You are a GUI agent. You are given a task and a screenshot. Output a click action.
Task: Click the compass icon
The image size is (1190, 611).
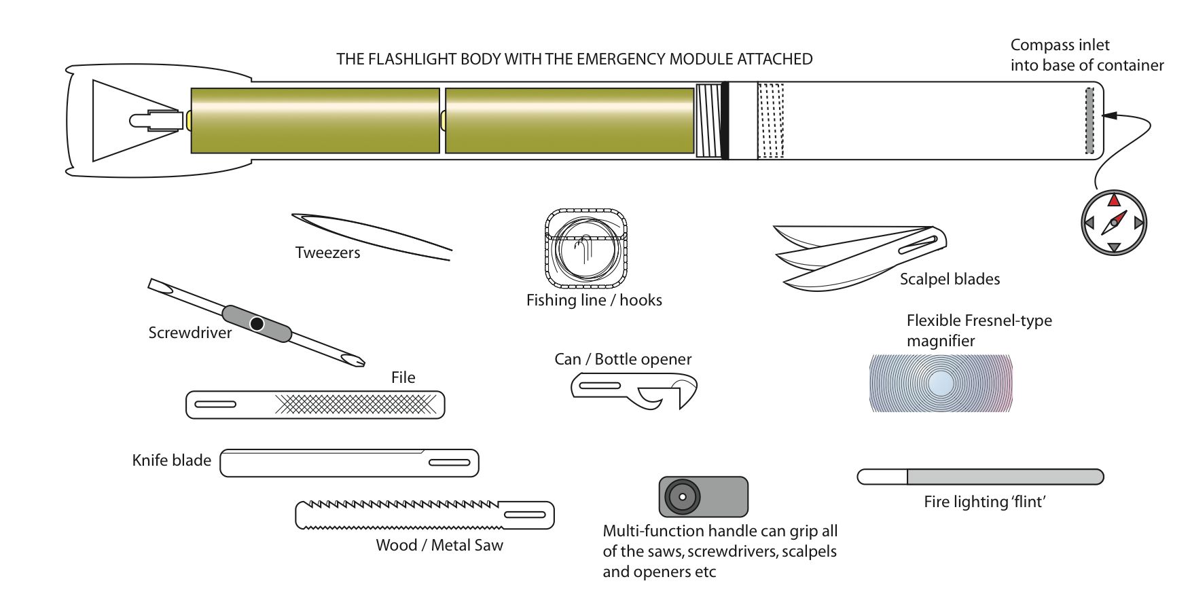[x=1113, y=223]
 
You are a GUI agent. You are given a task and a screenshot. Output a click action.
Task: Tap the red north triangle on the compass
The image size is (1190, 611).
[x=1114, y=200]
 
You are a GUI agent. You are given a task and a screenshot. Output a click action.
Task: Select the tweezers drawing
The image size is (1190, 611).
[x=372, y=236]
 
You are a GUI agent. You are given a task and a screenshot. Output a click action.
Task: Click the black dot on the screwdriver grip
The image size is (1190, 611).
[x=257, y=324]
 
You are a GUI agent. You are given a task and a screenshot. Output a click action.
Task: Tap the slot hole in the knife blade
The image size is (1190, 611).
[x=449, y=463]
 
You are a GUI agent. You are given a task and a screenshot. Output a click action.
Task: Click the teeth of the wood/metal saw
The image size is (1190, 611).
[x=401, y=506]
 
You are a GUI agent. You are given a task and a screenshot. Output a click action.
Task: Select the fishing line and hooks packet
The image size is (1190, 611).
[x=585, y=248]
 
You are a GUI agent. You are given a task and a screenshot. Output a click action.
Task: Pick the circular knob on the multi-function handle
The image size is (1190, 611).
[x=682, y=497]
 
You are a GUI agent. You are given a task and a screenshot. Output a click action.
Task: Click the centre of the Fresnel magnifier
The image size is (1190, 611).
[x=941, y=384]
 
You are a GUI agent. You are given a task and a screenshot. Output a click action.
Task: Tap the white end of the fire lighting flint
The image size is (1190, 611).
[x=882, y=477]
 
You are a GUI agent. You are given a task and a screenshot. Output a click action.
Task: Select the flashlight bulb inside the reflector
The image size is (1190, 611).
[x=153, y=121]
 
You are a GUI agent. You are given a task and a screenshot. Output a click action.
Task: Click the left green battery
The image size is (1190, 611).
[x=315, y=121]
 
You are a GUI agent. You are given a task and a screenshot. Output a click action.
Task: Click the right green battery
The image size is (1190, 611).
[x=569, y=121]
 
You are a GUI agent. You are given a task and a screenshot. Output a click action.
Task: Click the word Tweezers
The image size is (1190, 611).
[x=327, y=253]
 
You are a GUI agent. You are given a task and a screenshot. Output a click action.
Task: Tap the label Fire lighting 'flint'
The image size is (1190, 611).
[x=984, y=502]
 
